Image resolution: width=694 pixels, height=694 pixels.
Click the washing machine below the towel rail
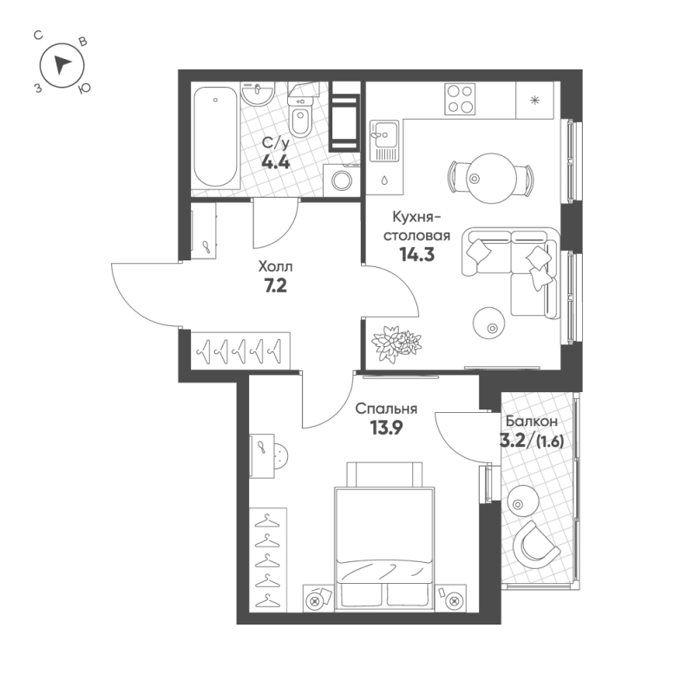click(x=341, y=180)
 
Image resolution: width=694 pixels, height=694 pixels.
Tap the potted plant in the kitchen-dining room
click(x=394, y=343)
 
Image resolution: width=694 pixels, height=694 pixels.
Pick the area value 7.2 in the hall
click(x=276, y=287)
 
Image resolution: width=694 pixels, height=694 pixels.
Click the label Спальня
click(x=388, y=409)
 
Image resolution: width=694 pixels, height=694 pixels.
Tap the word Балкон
click(x=529, y=421)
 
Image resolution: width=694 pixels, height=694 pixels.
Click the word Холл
click(x=275, y=268)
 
